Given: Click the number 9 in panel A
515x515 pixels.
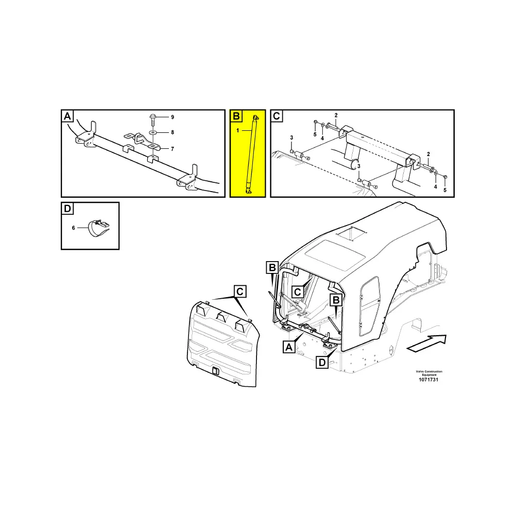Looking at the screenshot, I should point(173,117).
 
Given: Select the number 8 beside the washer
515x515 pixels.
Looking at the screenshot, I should point(173,132).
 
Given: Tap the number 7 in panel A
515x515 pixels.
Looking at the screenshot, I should point(173,149).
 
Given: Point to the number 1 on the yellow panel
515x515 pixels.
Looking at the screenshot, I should point(238,131).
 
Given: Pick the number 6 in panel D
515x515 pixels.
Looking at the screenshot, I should point(73,227).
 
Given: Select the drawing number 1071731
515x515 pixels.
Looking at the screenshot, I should point(429,380).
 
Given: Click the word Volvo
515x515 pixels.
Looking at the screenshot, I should point(422,371).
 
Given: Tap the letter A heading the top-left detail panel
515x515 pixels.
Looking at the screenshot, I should point(67,117).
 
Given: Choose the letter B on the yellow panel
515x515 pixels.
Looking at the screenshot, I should point(236,116).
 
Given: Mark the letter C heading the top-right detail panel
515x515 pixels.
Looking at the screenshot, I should point(277,116).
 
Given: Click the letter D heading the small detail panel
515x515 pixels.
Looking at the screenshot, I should point(67,209).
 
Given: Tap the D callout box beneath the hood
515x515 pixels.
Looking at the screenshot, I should point(322,363).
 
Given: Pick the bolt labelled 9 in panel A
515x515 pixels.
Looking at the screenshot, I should point(153,118).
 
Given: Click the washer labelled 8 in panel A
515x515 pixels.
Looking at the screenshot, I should point(153,132).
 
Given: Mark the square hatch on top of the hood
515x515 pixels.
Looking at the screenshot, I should point(350,234).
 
